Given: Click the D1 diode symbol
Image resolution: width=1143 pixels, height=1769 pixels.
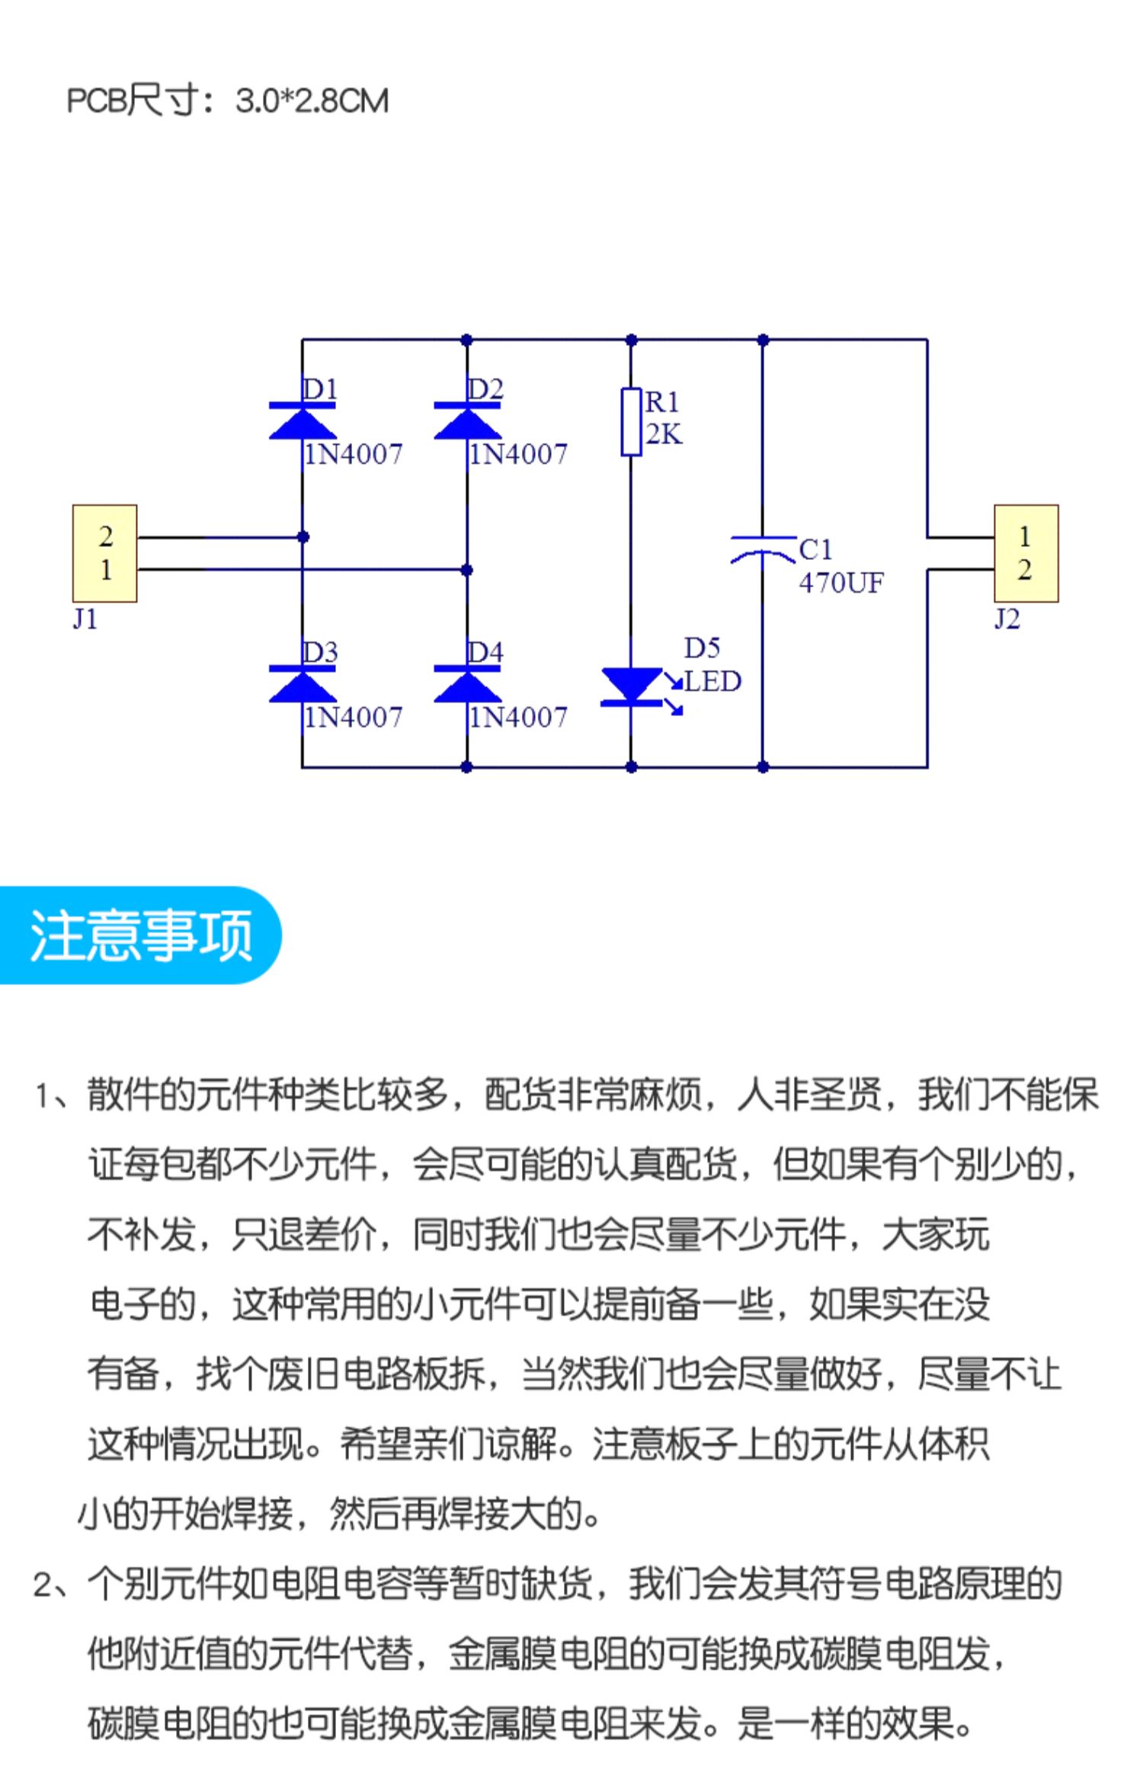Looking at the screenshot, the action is point(303,421).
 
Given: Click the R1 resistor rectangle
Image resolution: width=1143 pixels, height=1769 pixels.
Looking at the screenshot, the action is point(631,422).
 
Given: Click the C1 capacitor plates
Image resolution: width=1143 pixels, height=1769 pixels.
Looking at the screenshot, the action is point(763,549).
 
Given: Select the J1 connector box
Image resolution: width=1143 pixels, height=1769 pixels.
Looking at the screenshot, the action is point(105,554).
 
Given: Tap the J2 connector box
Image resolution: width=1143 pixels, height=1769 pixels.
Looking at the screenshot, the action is point(1026,554).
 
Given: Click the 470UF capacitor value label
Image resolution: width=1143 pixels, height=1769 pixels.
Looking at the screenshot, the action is point(840,584).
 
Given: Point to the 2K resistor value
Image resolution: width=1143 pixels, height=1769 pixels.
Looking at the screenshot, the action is point(664,434).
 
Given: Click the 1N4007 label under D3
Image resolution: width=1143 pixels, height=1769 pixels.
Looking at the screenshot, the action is point(353,718).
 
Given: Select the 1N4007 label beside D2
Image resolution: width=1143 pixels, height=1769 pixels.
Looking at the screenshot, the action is point(518,455).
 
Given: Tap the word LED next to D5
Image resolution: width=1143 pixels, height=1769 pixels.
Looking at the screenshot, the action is point(712,681).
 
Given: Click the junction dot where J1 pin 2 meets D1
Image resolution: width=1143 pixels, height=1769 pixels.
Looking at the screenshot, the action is point(303,537).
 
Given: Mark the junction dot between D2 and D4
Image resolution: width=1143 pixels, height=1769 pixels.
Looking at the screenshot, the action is point(467,570).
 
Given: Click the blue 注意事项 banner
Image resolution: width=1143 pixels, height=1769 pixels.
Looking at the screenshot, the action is point(141,936).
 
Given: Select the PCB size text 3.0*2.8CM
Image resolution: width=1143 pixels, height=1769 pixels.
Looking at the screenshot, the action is point(312,101).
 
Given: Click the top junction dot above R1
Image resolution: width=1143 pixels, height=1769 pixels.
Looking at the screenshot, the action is point(631,340).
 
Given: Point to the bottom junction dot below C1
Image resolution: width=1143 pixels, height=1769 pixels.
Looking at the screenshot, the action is point(763,767).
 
